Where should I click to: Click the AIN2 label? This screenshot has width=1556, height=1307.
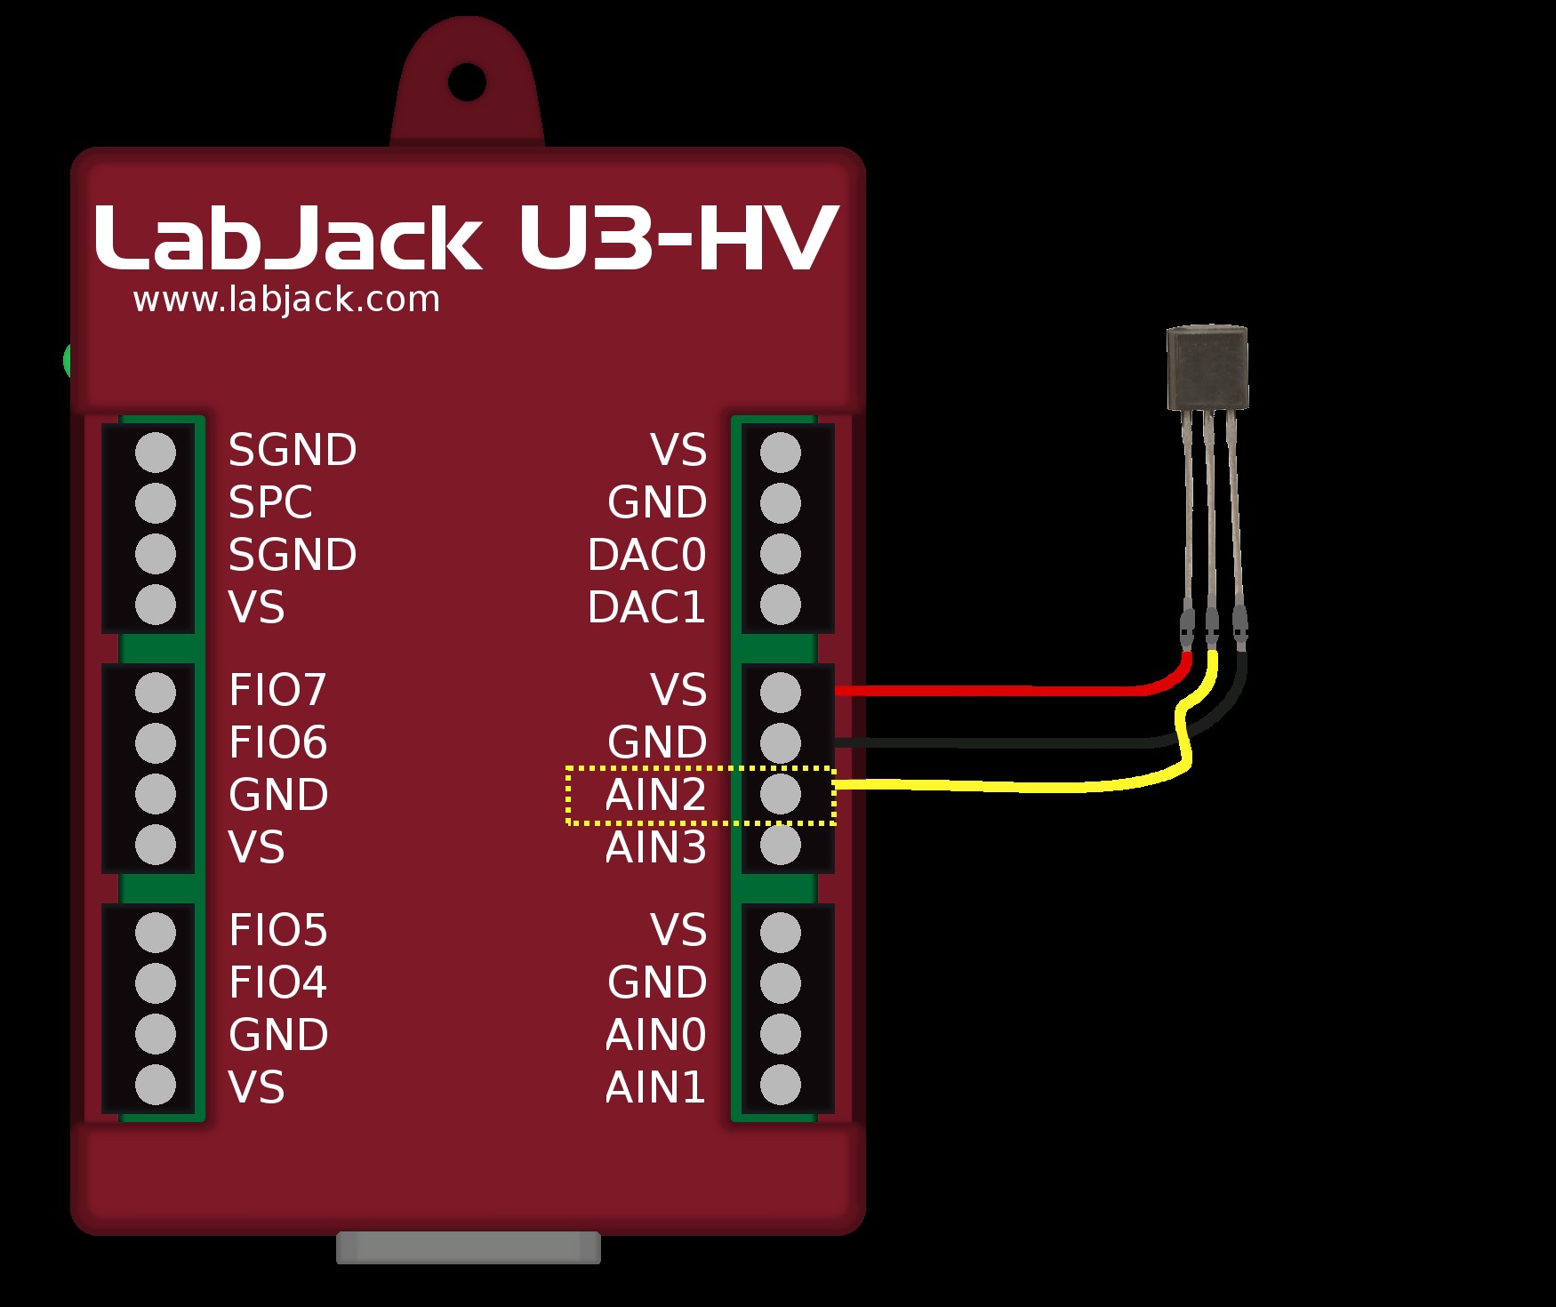(655, 795)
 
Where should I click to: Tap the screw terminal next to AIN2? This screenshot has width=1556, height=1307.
(781, 794)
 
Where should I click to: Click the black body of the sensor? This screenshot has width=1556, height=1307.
(1207, 367)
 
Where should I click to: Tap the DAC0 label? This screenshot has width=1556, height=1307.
(646, 555)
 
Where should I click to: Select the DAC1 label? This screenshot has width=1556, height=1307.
(646, 607)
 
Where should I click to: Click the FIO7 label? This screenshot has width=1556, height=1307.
(277, 690)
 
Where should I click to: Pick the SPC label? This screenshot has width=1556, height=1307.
(270, 502)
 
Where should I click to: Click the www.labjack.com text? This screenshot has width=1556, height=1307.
(286, 300)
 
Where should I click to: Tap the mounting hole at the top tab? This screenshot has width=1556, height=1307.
(467, 83)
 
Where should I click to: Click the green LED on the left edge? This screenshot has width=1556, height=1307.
(68, 360)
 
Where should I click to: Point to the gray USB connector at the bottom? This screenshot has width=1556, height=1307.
(469, 1247)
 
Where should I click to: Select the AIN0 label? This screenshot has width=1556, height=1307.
(655, 1035)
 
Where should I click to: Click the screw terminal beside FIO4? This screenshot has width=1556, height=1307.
(156, 983)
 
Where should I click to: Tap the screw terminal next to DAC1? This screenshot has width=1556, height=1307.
(781, 605)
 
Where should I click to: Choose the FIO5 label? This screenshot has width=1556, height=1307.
(277, 931)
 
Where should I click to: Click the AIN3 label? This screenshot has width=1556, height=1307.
(655, 847)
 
